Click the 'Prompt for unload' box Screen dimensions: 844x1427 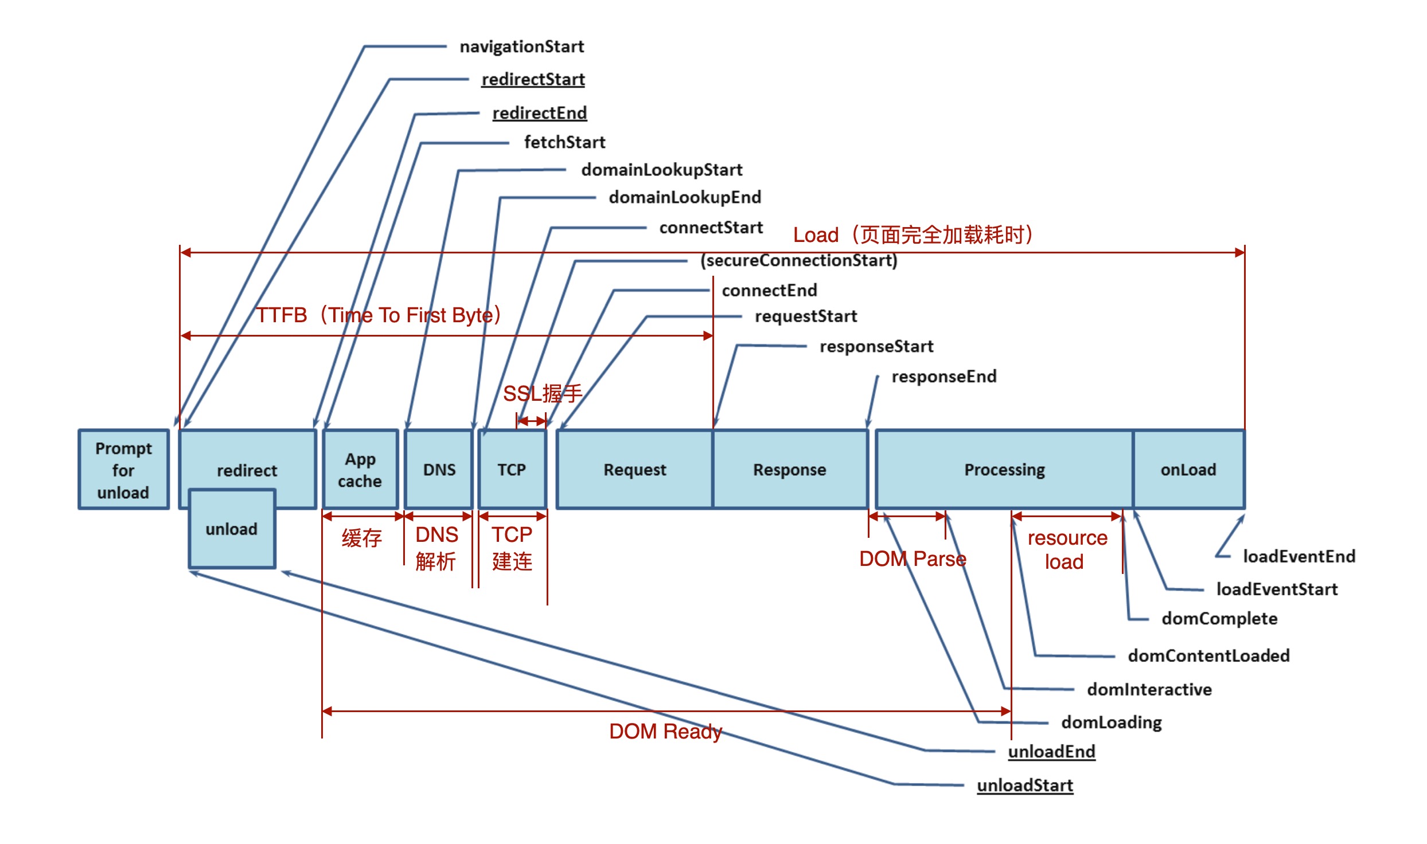click(123, 470)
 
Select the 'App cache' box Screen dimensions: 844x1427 click(360, 470)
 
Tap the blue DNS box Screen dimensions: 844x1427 click(439, 470)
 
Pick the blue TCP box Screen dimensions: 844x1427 click(512, 470)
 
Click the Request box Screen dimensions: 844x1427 click(634, 470)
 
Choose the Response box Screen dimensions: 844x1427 click(790, 470)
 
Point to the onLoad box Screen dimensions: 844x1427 click(1188, 470)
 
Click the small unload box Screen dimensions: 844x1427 click(232, 529)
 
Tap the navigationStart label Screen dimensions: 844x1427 click(521, 46)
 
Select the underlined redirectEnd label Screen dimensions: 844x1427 click(539, 113)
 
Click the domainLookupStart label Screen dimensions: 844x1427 click(661, 170)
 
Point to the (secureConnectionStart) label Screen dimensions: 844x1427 click(798, 260)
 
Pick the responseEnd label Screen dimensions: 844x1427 click(943, 377)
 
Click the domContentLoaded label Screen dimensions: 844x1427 click(1208, 655)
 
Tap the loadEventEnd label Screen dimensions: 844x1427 click(1299, 556)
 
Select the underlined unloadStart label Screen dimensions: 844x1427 click(1025, 785)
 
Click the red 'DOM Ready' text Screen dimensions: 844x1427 click(665, 732)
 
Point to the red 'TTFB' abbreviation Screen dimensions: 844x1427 click(282, 315)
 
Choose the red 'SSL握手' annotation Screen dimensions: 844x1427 click(542, 394)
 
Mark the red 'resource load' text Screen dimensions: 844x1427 click(1067, 549)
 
